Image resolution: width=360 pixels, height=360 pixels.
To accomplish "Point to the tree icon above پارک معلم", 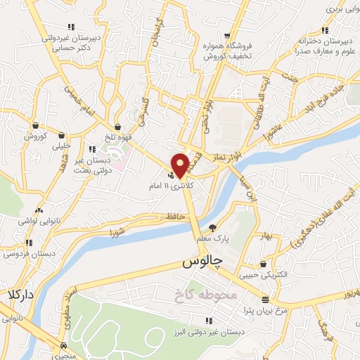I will (x=214, y=227).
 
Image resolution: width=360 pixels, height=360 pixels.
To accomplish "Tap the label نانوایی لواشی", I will (x=37, y=220).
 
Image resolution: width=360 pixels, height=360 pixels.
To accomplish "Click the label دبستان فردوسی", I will (x=20, y=252).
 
